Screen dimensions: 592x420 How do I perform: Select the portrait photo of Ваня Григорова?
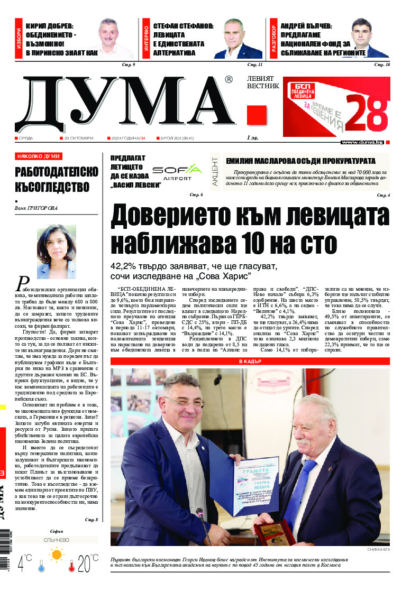coord(56,251)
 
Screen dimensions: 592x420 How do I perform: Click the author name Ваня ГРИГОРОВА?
coord(37,208)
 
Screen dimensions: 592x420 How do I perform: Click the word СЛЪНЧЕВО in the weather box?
coord(56,540)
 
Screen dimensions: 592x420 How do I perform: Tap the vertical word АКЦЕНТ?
coord(215,170)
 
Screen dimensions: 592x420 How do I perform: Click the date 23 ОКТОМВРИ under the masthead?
coord(78,138)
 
